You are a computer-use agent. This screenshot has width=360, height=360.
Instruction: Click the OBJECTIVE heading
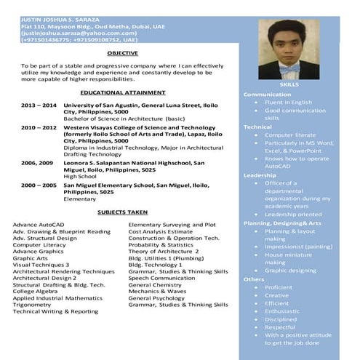[122, 54]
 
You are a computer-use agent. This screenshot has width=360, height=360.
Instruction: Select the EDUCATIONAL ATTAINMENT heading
[122, 93]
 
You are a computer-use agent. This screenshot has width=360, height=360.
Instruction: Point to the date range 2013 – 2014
[39, 105]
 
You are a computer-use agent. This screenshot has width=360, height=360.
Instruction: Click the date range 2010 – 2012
[39, 127]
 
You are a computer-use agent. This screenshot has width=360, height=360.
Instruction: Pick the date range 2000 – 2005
[39, 185]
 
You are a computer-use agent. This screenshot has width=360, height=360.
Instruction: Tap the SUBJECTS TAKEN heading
[122, 212]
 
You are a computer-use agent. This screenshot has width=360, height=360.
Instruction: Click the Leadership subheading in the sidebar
[260, 175]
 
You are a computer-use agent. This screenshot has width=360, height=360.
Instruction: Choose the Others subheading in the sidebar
[254, 279]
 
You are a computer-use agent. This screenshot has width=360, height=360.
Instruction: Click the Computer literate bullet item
[289, 135]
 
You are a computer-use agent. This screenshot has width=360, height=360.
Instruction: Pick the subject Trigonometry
[32, 305]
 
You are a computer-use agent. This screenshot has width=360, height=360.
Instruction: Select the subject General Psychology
[156, 298]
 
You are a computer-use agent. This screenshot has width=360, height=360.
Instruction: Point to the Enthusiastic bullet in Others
[281, 311]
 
